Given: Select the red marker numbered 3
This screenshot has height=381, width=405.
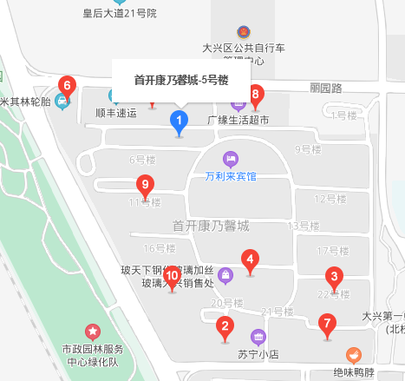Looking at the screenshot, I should (332, 279).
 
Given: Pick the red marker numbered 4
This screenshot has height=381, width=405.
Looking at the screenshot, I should (250, 259).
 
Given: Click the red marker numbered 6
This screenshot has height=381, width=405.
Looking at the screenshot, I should (66, 87).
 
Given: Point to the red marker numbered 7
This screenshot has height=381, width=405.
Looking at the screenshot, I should (327, 326).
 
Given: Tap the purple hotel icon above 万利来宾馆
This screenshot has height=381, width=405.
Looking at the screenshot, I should (229, 159).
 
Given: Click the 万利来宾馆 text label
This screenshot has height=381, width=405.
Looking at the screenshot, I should (231, 176).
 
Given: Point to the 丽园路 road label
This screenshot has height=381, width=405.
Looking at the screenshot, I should (326, 88).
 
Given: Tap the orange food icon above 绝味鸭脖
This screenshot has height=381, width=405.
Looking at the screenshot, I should (353, 355).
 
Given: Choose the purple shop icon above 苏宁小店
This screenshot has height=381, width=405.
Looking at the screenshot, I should (258, 337).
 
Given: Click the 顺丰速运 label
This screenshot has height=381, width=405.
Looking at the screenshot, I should (116, 113).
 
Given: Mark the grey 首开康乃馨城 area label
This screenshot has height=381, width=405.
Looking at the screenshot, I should (211, 226).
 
